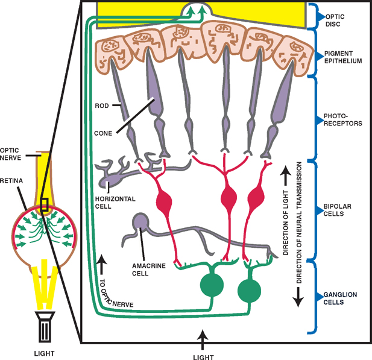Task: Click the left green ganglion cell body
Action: click(x=210, y=285)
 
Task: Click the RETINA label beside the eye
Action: click(x=12, y=180)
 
